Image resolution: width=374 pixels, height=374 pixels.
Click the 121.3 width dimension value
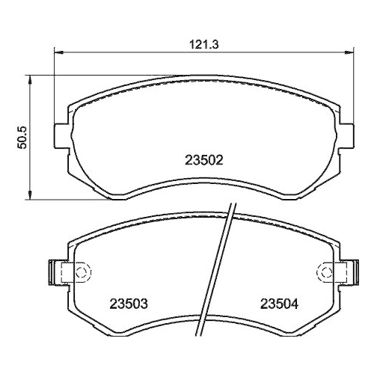click(x=205, y=44)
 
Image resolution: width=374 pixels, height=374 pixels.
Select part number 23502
click(x=204, y=159)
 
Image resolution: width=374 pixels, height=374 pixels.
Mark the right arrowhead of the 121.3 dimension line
click(x=351, y=52)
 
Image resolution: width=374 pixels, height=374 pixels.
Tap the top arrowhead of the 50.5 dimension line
click(x=29, y=76)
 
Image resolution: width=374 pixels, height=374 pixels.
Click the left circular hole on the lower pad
click(x=83, y=270)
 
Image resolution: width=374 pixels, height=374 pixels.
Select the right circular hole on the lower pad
click(x=325, y=270)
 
